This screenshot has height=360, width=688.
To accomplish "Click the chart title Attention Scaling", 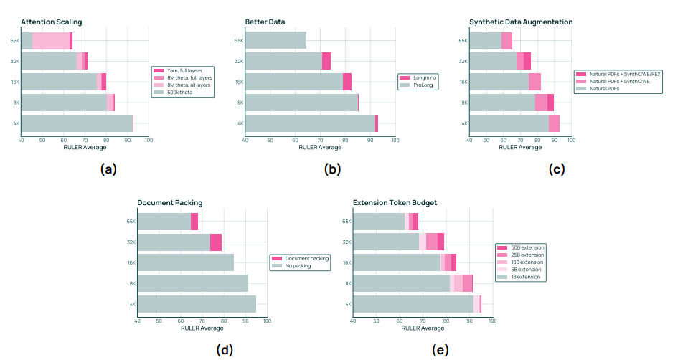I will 51,22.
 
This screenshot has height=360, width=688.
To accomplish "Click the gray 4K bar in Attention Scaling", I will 77,123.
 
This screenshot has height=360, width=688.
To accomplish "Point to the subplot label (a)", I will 108,170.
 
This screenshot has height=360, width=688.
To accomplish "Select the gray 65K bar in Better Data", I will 275,41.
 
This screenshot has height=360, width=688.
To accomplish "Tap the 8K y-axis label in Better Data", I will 239,103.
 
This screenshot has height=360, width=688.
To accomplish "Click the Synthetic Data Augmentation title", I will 521,22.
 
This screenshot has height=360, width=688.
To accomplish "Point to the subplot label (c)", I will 556,170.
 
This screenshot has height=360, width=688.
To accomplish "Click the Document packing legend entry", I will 304,258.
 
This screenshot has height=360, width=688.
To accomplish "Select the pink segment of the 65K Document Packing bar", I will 194,222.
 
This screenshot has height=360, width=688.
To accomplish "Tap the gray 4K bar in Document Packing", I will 197,304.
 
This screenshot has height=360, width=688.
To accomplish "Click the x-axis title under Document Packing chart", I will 202,328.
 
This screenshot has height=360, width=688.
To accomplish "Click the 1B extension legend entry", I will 526,276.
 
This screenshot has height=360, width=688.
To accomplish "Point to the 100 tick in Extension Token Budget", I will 492,321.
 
